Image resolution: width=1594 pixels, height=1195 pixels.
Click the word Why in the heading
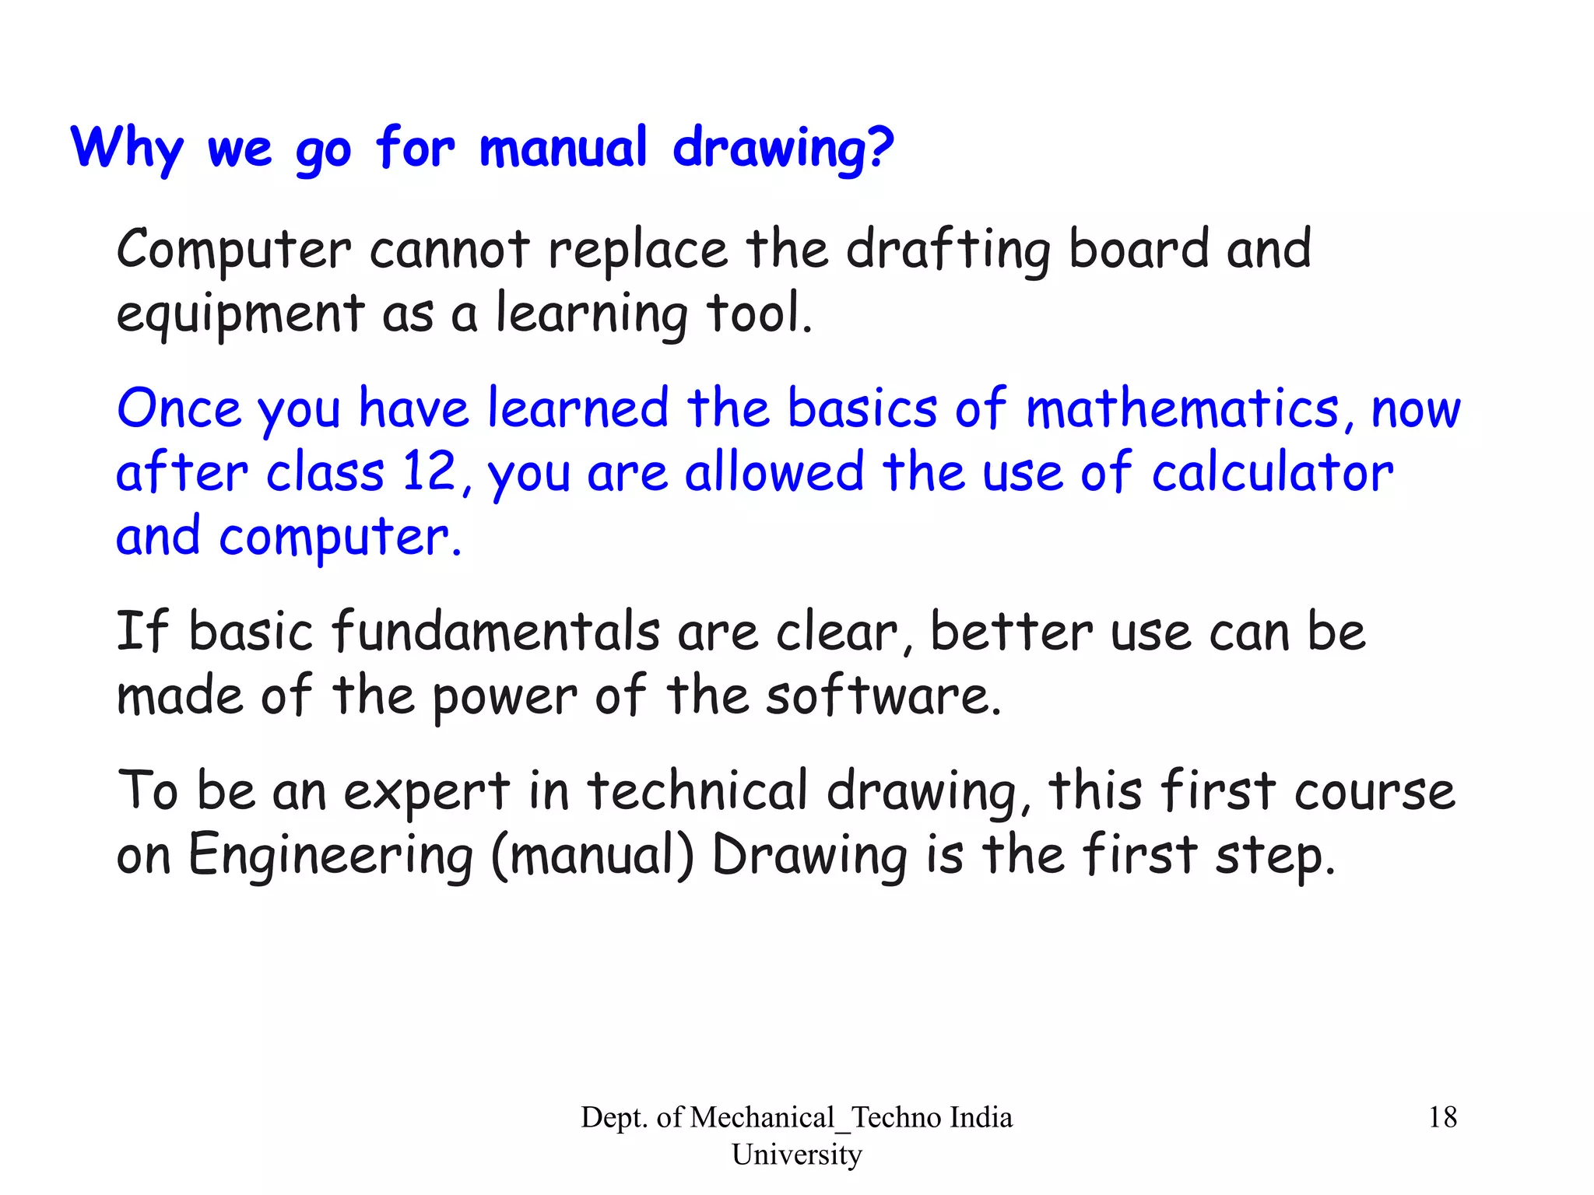[x=128, y=148]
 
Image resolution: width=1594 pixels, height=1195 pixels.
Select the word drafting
[x=948, y=251]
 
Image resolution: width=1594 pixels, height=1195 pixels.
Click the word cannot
[x=449, y=251]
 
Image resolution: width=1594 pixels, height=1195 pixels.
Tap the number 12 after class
[x=430, y=471]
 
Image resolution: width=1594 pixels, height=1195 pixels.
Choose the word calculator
[x=1273, y=473]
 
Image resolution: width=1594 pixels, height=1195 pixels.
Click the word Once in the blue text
[x=178, y=409]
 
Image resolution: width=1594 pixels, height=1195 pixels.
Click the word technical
[x=697, y=790]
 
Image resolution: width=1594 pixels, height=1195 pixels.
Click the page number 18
[x=1442, y=1117]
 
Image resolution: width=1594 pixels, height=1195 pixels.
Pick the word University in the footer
[x=796, y=1154]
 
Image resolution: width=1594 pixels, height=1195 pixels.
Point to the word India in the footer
[x=981, y=1117]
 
